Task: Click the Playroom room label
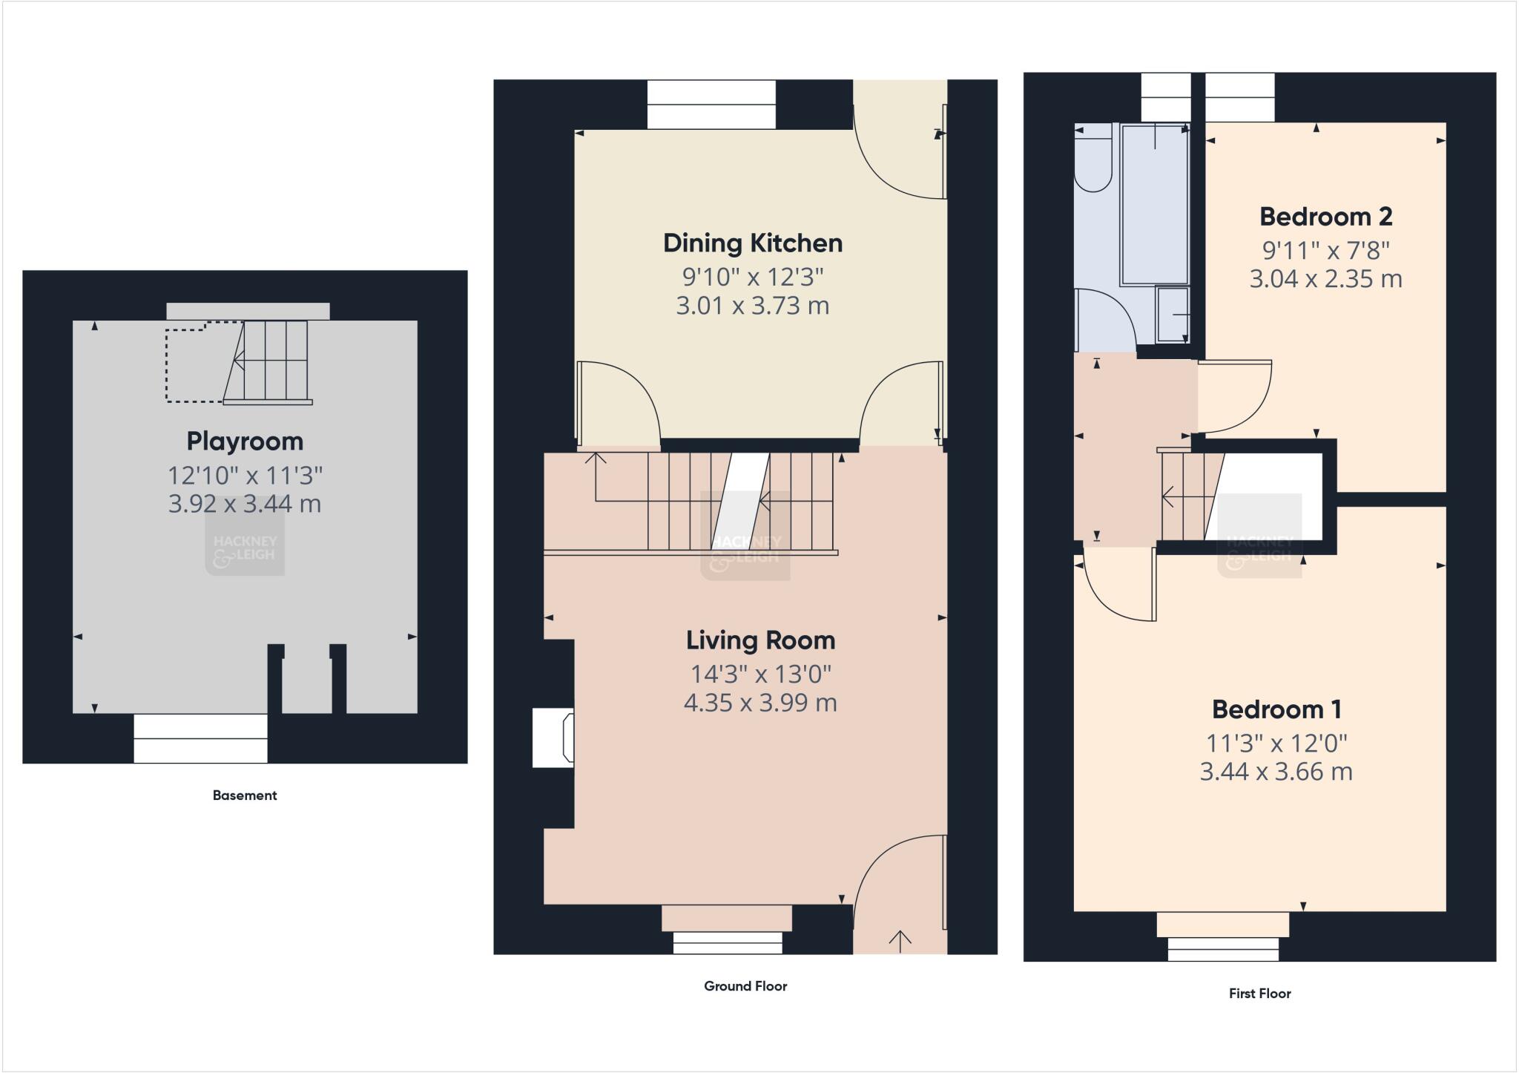click(245, 442)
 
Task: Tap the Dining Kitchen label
click(752, 243)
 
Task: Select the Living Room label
click(760, 640)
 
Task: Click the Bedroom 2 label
click(1325, 217)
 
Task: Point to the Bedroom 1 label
click(1276, 709)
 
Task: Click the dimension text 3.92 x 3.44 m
click(245, 504)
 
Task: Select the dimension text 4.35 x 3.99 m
click(760, 703)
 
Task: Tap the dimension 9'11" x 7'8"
click(1325, 250)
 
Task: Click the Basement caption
click(245, 795)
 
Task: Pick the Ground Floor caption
click(745, 986)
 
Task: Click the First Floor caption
click(1259, 994)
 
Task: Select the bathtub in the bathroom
click(1155, 206)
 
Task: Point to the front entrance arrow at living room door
click(900, 940)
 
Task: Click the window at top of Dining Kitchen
click(711, 105)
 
